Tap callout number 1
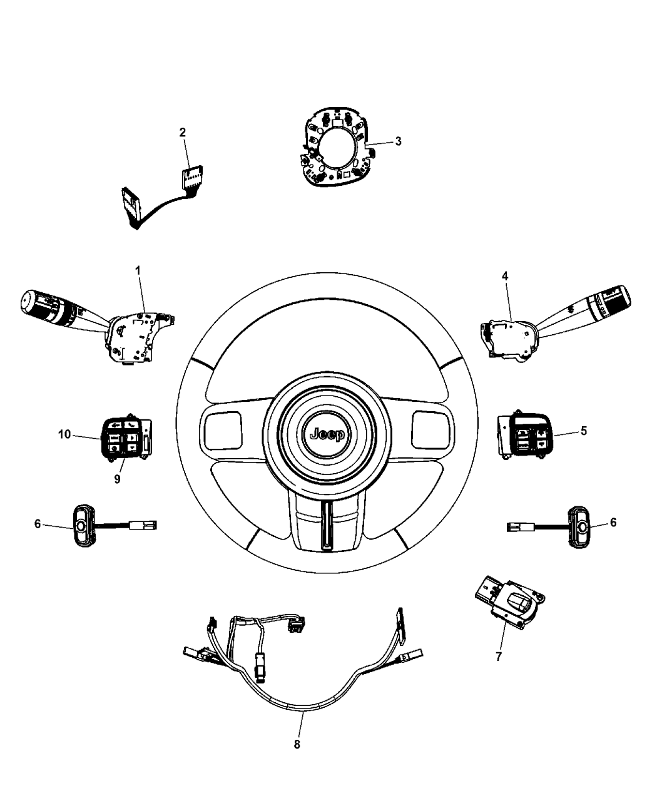coord(138,270)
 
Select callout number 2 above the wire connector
coord(182,132)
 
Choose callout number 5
coord(583,431)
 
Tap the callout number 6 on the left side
coord(38,524)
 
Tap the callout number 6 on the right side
coord(613,522)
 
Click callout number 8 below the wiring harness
coord(297,744)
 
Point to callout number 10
coord(65,434)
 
